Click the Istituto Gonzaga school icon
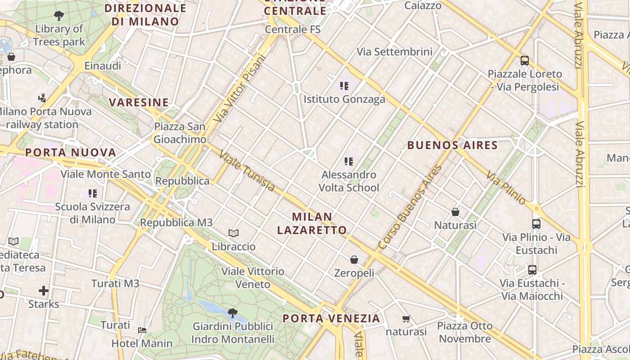click(345, 85)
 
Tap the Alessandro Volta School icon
click(348, 161)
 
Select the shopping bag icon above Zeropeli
click(354, 260)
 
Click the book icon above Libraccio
click(233, 233)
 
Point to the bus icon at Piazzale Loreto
click(525, 61)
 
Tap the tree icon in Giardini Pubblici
click(232, 312)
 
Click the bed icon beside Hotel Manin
click(142, 330)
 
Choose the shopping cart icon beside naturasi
click(406, 319)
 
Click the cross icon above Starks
click(44, 291)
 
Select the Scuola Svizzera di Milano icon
click(92, 193)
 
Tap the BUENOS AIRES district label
click(452, 145)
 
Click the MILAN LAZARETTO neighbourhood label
click(312, 223)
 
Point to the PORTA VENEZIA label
click(331, 319)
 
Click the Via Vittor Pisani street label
click(238, 88)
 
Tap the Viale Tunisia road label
click(247, 171)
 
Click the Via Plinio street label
click(506, 187)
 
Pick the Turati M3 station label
click(115, 283)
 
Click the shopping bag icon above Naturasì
click(455, 211)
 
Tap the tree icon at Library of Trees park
click(58, 16)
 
